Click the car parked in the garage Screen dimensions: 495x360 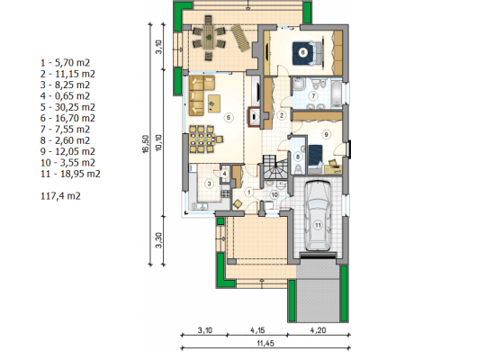pyautogui.click(x=318, y=216)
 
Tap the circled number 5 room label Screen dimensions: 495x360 pyautogui.click(x=229, y=118)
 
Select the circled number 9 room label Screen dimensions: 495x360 pyautogui.click(x=326, y=134)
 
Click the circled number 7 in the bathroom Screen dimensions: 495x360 pyautogui.click(x=313, y=95)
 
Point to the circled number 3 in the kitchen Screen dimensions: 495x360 pyautogui.click(x=209, y=184)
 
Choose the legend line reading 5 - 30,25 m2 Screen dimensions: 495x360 pyautogui.click(x=67, y=107)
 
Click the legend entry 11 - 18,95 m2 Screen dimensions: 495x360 pyautogui.click(x=70, y=174)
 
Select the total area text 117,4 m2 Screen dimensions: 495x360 pyautogui.click(x=60, y=196)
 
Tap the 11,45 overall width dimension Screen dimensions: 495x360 pyautogui.click(x=265, y=343)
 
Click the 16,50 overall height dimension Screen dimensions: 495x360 pyautogui.click(x=146, y=144)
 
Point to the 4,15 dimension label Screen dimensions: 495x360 pyautogui.click(x=257, y=330)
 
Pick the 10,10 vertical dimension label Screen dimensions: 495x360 pyautogui.click(x=158, y=142)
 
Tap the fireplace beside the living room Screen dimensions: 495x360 pyautogui.click(x=255, y=117)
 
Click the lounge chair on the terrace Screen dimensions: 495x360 pyautogui.click(x=240, y=38)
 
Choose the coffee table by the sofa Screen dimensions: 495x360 pyautogui.click(x=214, y=103)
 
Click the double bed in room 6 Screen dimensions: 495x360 pyautogui.click(x=308, y=53)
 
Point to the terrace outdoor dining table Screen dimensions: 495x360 pyautogui.click(x=208, y=37)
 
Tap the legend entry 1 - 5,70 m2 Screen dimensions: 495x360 pyautogui.click(x=66, y=62)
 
